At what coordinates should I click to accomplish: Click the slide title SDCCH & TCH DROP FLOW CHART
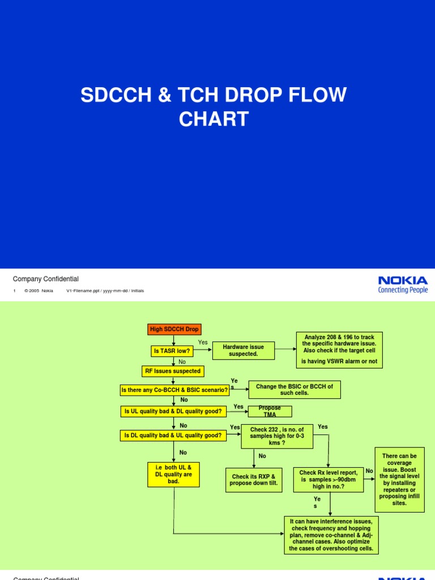coord(213,107)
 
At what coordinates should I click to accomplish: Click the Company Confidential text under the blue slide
coord(46,279)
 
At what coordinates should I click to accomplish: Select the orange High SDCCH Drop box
coord(174,329)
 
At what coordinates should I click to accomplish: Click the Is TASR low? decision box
coord(172,351)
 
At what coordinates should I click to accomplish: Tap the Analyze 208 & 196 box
coord(339,349)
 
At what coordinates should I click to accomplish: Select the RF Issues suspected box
coord(172,371)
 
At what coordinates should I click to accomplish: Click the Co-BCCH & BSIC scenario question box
coord(174,390)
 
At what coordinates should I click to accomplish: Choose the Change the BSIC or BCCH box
coord(295,389)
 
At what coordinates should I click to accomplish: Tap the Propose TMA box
coord(270,411)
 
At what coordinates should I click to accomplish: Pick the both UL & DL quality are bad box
coord(173,474)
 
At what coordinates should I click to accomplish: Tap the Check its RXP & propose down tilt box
coord(253,480)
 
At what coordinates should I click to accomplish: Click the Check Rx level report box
coord(329,480)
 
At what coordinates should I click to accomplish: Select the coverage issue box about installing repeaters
coord(399,479)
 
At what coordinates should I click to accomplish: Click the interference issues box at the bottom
coord(331,535)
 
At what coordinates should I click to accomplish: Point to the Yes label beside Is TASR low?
coord(203,343)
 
